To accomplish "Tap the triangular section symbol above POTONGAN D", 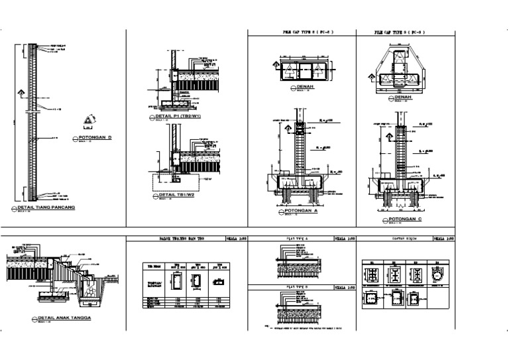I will (x=89, y=121).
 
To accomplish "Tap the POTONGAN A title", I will (x=302, y=211).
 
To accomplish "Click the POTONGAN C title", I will (x=406, y=217).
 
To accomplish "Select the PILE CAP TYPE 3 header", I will (x=400, y=32).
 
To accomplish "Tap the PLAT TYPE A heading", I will (x=296, y=237).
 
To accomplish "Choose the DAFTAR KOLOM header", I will (x=396, y=237).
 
